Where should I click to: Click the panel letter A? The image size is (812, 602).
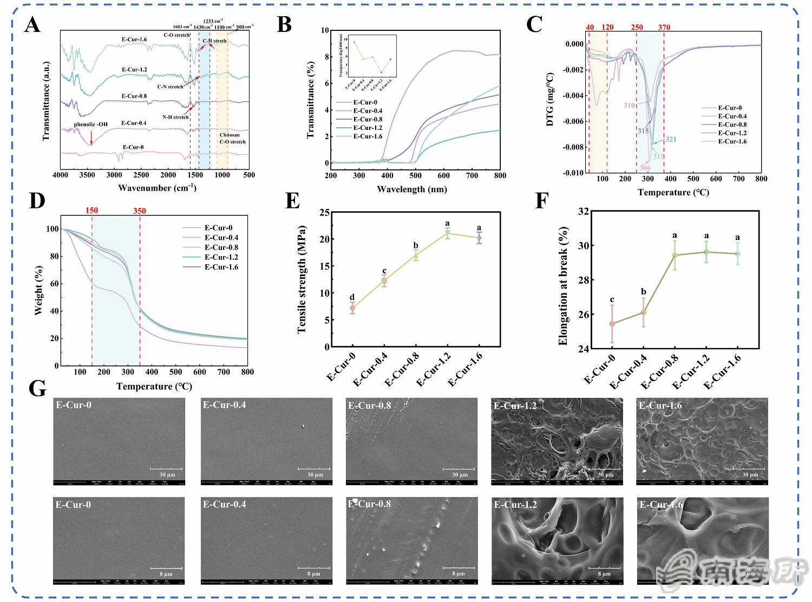pyautogui.click(x=32, y=25)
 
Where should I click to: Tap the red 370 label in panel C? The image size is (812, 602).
pyautogui.click(x=664, y=28)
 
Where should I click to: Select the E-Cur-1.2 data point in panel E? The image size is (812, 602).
pyautogui.click(x=447, y=233)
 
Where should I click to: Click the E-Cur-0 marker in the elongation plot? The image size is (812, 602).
pyautogui.click(x=612, y=324)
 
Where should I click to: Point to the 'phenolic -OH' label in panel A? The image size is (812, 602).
pyautogui.click(x=91, y=125)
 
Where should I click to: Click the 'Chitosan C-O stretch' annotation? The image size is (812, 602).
pyautogui.click(x=232, y=139)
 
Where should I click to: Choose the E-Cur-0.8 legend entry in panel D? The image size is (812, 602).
pyautogui.click(x=221, y=247)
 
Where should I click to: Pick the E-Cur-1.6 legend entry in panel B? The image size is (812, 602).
pyautogui.click(x=368, y=136)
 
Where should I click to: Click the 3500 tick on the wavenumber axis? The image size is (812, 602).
pyautogui.click(x=87, y=175)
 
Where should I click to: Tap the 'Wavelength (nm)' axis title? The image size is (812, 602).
pyautogui.click(x=412, y=189)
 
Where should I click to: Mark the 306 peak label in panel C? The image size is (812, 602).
pyautogui.click(x=645, y=168)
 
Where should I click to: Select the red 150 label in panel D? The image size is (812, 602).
pyautogui.click(x=91, y=211)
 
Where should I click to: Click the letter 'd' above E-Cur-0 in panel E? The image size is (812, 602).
pyautogui.click(x=352, y=297)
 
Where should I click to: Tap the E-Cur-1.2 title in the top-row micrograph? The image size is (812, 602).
pyautogui.click(x=515, y=405)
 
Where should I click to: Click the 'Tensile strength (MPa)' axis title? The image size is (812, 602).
pyautogui.click(x=302, y=279)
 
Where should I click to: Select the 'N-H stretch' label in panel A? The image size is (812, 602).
pyautogui.click(x=175, y=117)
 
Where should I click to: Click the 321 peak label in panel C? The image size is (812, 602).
pyautogui.click(x=671, y=139)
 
